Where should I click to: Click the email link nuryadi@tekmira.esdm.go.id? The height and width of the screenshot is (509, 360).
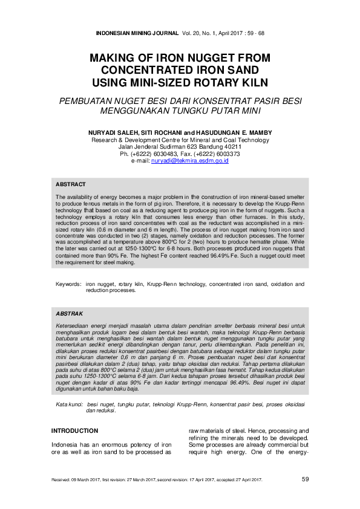tap(189, 161)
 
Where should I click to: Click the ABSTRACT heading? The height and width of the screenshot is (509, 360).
tap(71, 184)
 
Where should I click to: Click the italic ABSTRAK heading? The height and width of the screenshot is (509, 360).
tap(70, 314)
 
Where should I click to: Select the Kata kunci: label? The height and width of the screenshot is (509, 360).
tap(70, 404)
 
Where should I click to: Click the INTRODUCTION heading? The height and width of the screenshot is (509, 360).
tap(74, 430)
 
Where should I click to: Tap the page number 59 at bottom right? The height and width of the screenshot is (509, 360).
tap(305, 479)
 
